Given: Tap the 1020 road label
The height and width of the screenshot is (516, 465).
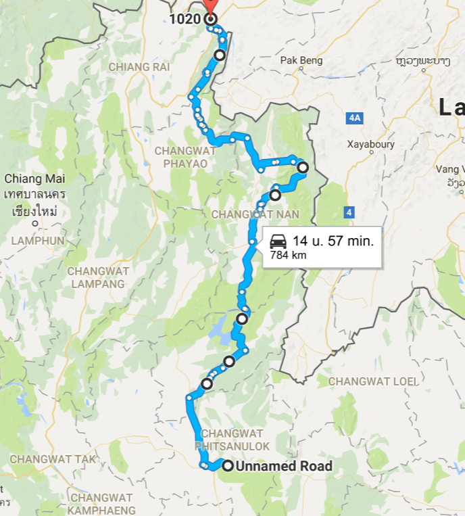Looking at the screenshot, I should [x=185, y=19].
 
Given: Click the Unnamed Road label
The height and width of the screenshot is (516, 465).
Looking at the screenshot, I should [x=284, y=466].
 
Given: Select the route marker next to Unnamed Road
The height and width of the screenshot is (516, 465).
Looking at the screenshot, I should [x=228, y=465].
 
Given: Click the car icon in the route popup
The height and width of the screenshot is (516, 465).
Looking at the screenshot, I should [x=278, y=241].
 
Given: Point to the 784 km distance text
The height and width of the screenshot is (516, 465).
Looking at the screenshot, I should [x=289, y=256].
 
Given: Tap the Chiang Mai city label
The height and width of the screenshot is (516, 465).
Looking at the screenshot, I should [x=34, y=179].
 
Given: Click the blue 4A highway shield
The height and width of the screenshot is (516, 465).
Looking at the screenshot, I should [x=354, y=118].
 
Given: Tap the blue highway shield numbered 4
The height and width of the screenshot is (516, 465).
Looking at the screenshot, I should [x=349, y=212].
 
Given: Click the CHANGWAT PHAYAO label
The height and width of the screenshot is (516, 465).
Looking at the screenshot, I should [x=185, y=157].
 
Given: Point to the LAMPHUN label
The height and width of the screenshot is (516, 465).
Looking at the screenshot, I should [x=38, y=240].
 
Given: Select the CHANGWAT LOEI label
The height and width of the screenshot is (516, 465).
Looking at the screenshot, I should [x=373, y=381].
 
